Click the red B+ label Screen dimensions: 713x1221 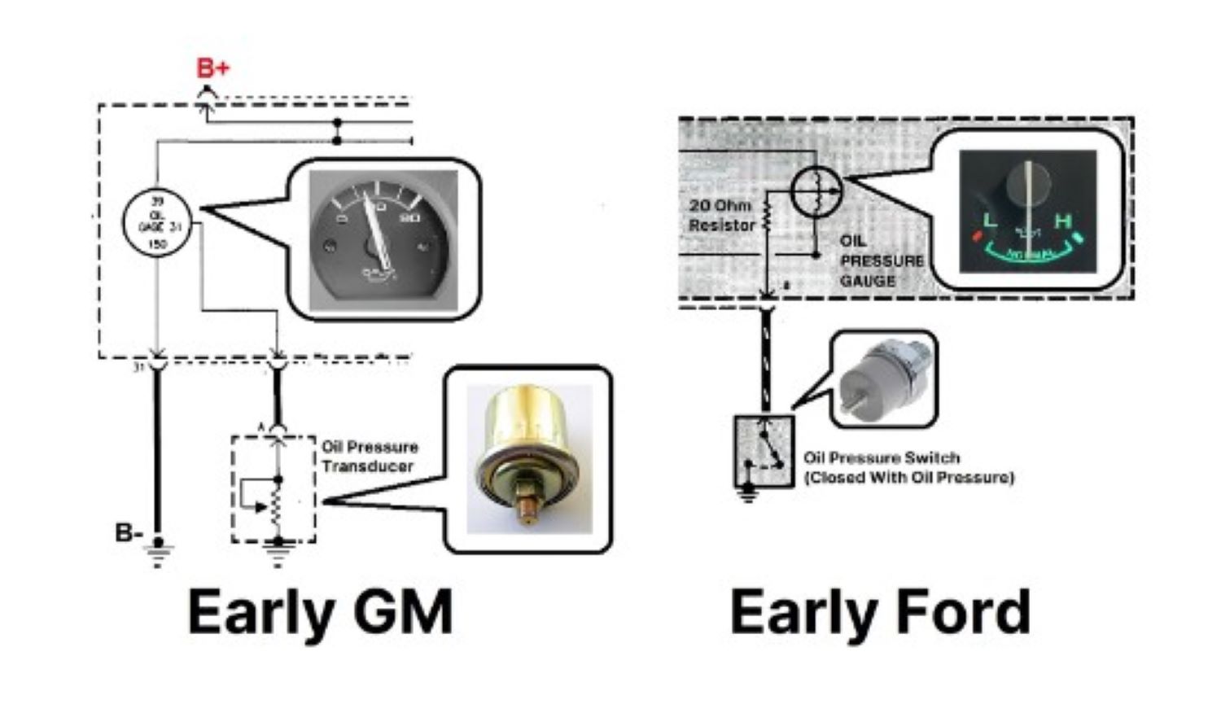[212, 68]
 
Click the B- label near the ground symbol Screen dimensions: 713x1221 [129, 533]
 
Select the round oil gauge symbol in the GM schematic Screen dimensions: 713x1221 [156, 221]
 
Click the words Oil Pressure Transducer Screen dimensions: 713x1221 [370, 457]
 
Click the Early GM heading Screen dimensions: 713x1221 [320, 612]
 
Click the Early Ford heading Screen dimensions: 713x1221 [880, 612]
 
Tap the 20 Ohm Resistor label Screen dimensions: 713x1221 [722, 215]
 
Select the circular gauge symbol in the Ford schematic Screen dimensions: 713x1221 [816, 192]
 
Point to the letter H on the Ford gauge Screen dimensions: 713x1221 [1062, 221]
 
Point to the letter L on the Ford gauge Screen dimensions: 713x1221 [991, 221]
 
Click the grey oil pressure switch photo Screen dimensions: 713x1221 [882, 378]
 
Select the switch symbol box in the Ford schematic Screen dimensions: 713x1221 [764, 451]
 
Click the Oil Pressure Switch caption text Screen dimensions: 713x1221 [908, 467]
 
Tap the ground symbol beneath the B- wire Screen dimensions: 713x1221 [158, 556]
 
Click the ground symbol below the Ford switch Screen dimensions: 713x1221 [748, 493]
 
